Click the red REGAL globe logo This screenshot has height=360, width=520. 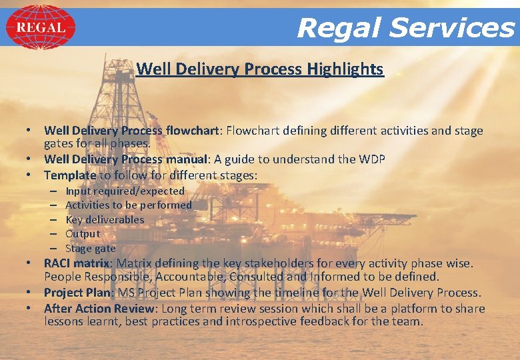[x=41, y=27]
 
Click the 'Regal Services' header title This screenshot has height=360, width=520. [x=405, y=28]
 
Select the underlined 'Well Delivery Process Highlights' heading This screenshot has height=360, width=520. [x=259, y=69]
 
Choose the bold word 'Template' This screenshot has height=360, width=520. [x=70, y=175]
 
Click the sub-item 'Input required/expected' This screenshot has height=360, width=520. [x=125, y=191]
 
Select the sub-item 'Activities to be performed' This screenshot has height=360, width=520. [x=128, y=205]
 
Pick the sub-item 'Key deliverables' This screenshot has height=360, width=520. [x=105, y=219]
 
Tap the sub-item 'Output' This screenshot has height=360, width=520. [x=83, y=234]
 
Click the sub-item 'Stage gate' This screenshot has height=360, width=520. [x=91, y=248]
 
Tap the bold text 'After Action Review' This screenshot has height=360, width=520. [x=99, y=308]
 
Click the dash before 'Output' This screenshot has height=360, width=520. [x=53, y=234]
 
